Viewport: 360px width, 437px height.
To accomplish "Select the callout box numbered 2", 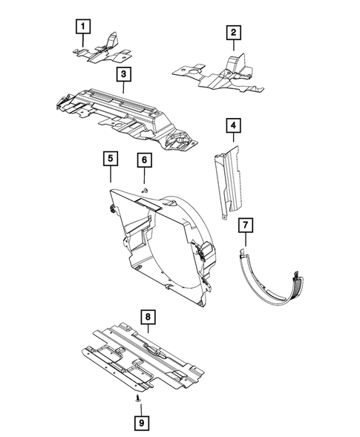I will click(233, 32).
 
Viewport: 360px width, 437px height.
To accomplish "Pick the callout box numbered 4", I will click(233, 127).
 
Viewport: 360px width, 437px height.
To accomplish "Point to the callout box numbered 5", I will click(109, 159).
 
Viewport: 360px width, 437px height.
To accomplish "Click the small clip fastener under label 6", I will click(145, 191).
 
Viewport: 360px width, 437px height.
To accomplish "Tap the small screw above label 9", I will click(140, 398).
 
